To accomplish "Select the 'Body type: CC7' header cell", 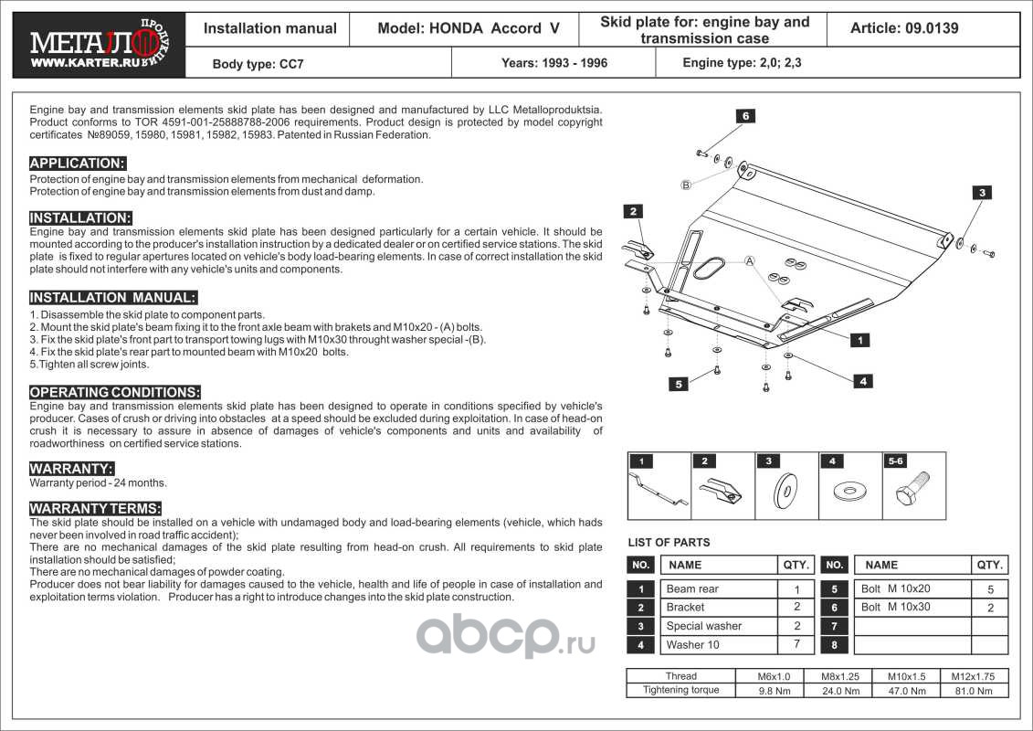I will coord(246,64).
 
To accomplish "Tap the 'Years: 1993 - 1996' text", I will coord(553,63).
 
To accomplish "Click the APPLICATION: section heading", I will coord(78,164).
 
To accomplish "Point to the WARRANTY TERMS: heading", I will coord(95,508).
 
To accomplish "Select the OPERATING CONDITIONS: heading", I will coord(114,392).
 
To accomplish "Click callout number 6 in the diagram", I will coord(745,116).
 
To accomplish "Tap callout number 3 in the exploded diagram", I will coord(981,193).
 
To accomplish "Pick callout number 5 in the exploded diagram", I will coord(679,384).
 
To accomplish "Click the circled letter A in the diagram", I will coord(749,261).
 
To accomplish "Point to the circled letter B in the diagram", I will coord(685,185).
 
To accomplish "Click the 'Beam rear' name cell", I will coord(692,589).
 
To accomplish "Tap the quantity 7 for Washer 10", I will coord(796,645).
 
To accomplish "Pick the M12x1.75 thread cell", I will coord(975,676).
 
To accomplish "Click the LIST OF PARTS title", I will coord(669,543).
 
